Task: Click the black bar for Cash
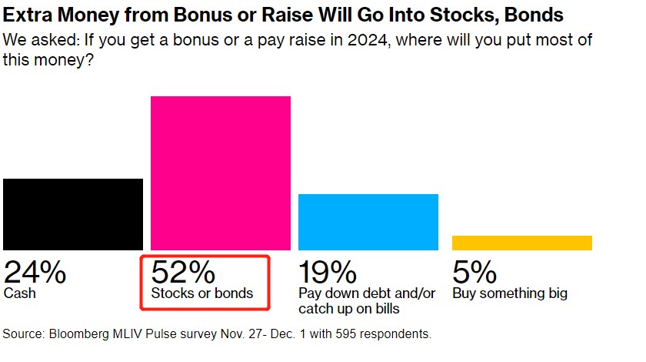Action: click(73, 214)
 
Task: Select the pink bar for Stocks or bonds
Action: click(221, 173)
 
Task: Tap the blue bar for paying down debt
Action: click(368, 222)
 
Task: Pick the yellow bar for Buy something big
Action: click(522, 243)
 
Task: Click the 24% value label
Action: click(35, 272)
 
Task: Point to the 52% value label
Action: click(182, 272)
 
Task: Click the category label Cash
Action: click(18, 293)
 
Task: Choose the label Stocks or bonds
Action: click(201, 293)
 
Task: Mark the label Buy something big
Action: click(510, 293)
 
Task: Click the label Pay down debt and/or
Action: click(367, 293)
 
